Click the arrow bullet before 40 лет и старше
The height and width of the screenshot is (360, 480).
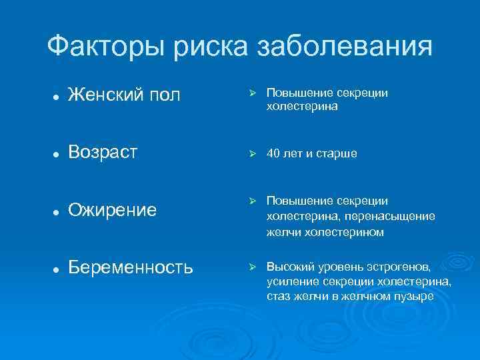coord(252,153)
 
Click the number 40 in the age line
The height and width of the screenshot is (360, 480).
coord(273,154)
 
